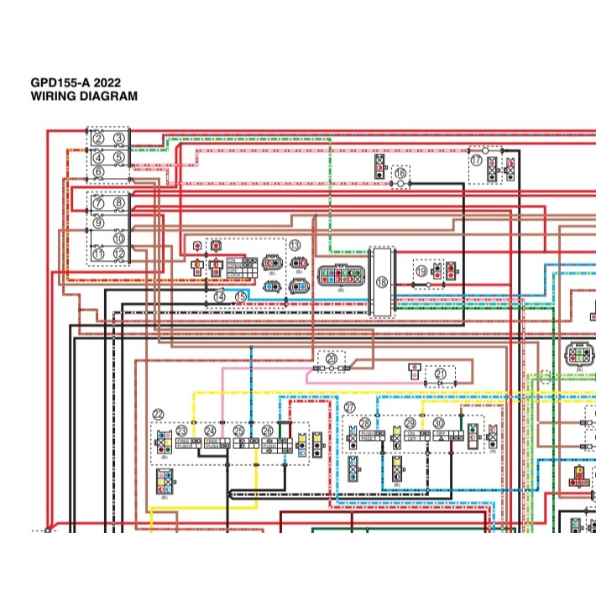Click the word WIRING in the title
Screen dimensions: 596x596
[x=55, y=97]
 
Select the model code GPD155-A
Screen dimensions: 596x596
[x=59, y=84]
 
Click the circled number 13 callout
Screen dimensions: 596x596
[x=295, y=245]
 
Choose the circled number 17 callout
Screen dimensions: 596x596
[x=477, y=159]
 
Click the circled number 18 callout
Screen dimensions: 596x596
[x=383, y=283]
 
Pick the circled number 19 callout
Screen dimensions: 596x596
[x=421, y=271]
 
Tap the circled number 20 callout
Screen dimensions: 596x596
[x=332, y=358]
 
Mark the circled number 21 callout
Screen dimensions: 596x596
[x=441, y=373]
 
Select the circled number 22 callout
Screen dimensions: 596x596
[x=159, y=415]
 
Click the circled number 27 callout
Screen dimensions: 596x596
[x=349, y=407]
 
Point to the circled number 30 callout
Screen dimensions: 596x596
[x=438, y=424]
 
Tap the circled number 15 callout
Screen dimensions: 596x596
[x=241, y=296]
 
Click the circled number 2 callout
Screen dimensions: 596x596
[x=99, y=138]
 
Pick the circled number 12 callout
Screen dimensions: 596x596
[x=119, y=254]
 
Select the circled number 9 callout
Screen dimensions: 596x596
[x=99, y=222]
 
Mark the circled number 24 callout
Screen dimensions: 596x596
[x=210, y=431]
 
